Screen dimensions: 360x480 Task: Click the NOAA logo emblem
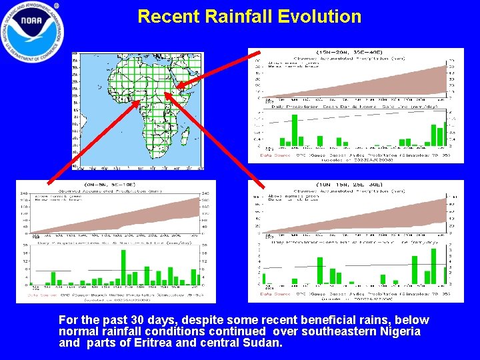coord(33,32)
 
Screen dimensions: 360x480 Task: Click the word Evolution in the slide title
coord(313,17)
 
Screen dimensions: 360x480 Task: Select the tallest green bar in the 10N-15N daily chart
coord(434,265)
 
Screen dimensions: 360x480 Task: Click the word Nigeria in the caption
coord(397,331)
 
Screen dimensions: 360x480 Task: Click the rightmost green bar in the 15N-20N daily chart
coord(445,133)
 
